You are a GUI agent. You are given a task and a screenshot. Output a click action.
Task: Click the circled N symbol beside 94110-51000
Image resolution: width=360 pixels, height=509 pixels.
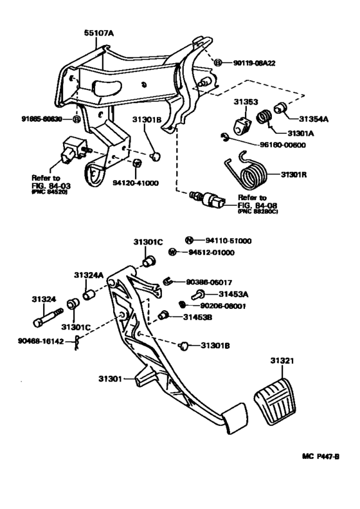tap(189, 240)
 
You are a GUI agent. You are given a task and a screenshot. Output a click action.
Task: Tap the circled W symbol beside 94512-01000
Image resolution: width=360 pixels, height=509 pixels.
tap(190, 252)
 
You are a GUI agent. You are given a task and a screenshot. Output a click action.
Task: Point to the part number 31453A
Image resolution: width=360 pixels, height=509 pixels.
tap(219, 294)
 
